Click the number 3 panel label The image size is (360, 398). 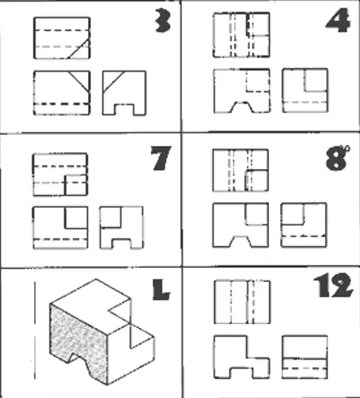coord(163,21)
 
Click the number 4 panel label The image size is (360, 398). coord(338,21)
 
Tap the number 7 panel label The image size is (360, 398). coord(161,158)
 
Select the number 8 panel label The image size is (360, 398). coord(336,158)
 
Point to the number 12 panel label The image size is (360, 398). coord(333,285)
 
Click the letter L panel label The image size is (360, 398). coord(161,289)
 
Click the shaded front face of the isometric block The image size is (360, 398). coord(78,337)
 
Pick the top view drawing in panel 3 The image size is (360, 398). coord(62,38)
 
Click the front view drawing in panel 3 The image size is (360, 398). coord(62,93)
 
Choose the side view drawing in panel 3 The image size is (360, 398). coord(124,93)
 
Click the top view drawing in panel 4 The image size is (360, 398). coord(241,35)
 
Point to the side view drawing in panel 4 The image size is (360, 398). coord(305,90)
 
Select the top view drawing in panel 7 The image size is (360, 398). coord(61,174)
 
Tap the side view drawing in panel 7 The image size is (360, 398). coord(121,227)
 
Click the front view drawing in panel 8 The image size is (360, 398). coord(240,225)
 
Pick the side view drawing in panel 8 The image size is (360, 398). coord(304,225)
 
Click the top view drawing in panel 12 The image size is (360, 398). coord(242,302)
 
